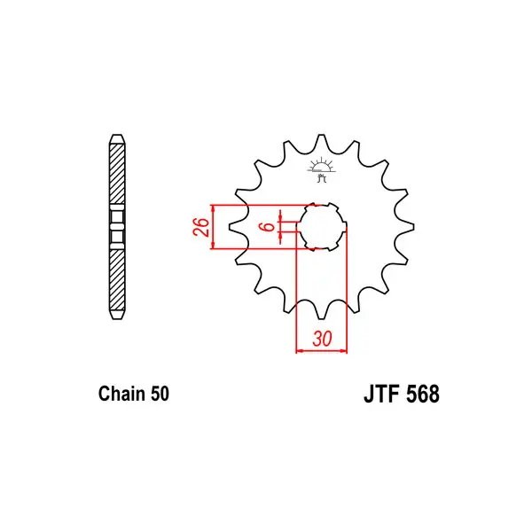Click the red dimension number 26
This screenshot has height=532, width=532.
click(x=201, y=227)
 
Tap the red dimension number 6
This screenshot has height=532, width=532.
click(x=268, y=226)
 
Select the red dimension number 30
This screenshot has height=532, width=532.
click(x=322, y=339)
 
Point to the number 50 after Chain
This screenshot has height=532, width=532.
click(x=160, y=394)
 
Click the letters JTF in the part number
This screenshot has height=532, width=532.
click(x=382, y=394)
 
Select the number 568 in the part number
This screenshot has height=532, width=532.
click(x=422, y=394)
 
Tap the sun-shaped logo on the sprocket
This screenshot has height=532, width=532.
click(x=321, y=169)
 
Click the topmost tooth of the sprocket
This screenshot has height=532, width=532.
click(x=321, y=141)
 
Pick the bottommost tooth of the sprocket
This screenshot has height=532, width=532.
click(x=321, y=312)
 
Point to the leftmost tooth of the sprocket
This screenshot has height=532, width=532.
click(x=236, y=227)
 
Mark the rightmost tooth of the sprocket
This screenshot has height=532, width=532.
click(x=406, y=227)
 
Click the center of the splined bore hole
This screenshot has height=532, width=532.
click(x=321, y=227)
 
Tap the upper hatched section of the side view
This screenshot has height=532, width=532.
click(x=117, y=174)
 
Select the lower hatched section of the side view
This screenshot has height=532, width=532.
click(x=117, y=280)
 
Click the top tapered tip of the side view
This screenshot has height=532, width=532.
click(x=117, y=139)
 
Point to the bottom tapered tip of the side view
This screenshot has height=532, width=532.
click(x=117, y=315)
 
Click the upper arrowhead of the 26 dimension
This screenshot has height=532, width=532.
click(x=213, y=208)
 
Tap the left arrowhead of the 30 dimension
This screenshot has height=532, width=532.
click(x=300, y=350)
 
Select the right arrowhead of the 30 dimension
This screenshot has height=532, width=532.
click(x=343, y=350)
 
